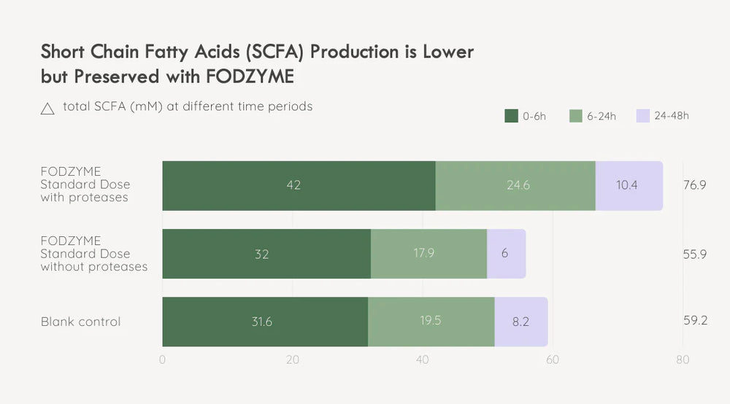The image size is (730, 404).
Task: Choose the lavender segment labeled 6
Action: pos(506,254)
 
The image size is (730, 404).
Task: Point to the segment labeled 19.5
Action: pos(431,322)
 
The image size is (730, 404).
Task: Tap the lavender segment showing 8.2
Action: pos(520,322)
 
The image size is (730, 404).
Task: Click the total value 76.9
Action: pos(693,185)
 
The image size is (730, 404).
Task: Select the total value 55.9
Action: pos(693,254)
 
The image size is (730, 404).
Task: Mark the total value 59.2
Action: pos(693,320)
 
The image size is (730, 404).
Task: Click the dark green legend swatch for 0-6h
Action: pos(511,116)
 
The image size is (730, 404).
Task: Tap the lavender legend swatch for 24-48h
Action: pos(642,116)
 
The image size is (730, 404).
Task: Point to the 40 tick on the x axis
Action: pos(423,360)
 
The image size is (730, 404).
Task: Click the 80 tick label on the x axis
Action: pos(683,360)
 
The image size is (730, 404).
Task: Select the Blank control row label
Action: pos(80,322)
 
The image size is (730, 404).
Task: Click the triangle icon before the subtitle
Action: pos(47,109)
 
